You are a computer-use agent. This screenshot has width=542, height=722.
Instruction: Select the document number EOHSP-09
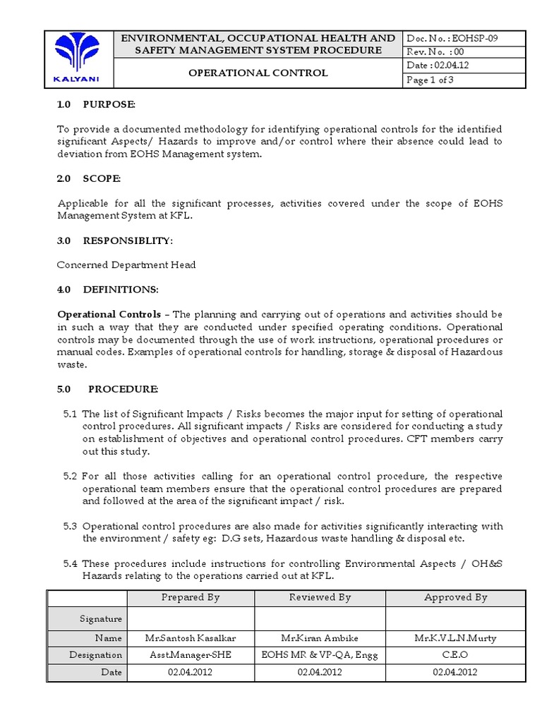point(452,39)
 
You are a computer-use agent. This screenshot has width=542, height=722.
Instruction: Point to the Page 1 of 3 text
point(430,80)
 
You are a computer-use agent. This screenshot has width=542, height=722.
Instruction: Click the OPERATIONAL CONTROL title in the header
point(258,73)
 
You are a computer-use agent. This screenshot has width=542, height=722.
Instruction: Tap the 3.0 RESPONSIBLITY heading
point(114,240)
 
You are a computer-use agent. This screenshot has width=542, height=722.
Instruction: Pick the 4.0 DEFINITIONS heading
point(108,289)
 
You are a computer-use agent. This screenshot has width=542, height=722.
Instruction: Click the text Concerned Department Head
point(126,264)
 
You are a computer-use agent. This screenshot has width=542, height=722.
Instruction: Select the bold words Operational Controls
point(109,314)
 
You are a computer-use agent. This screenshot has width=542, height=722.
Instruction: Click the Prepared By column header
point(191,597)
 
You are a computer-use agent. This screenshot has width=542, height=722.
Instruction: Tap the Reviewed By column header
point(320,597)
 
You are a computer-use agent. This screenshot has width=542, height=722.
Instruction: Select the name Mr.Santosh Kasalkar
point(191,638)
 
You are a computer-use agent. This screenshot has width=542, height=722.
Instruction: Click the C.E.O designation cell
point(455,655)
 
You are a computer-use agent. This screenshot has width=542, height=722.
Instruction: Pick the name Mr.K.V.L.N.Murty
point(455,638)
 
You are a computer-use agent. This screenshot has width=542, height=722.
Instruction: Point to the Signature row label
point(102,618)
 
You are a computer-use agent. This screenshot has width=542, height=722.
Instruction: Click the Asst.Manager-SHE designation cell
point(191,655)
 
